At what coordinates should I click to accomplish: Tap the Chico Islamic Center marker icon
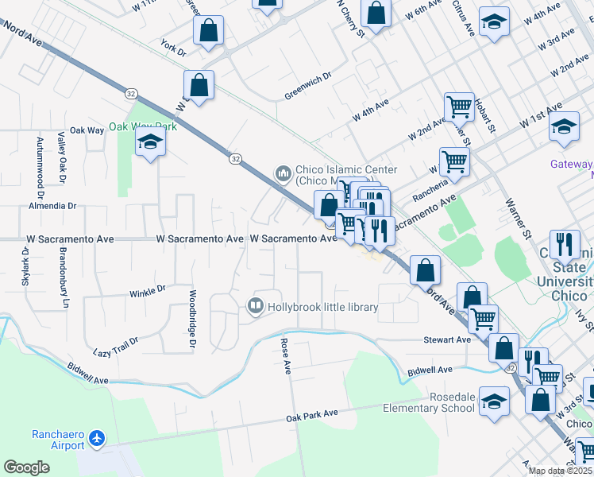[283, 173]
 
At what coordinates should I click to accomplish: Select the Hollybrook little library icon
[256, 305]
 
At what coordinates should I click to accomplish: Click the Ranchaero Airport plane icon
[97, 438]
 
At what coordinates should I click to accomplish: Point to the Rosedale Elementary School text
[429, 402]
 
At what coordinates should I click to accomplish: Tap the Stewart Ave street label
[447, 339]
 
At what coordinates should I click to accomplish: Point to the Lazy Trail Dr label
[115, 345]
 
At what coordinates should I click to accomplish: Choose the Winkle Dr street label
[147, 292]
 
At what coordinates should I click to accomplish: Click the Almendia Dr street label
[52, 205]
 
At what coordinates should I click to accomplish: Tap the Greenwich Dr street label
[308, 89]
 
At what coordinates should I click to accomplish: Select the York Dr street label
[172, 47]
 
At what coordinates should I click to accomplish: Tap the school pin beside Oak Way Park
[149, 143]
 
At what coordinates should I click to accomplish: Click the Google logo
[27, 467]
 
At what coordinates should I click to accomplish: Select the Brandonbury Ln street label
[64, 277]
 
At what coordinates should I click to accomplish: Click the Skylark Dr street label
[25, 266]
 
